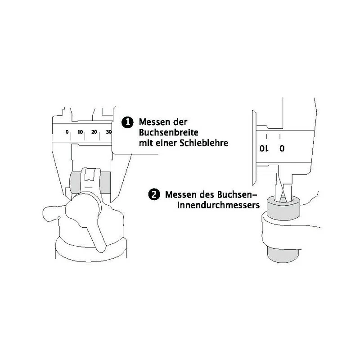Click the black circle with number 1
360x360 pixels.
pyautogui.click(x=128, y=122)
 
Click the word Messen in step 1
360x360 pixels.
pyautogui.click(x=154, y=122)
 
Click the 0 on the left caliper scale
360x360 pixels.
pyautogui.click(x=67, y=132)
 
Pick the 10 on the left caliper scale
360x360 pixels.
pyautogui.click(x=80, y=132)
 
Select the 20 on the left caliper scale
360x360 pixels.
pyautogui.click(x=94, y=132)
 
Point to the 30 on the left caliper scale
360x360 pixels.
pyautogui.click(x=108, y=132)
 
